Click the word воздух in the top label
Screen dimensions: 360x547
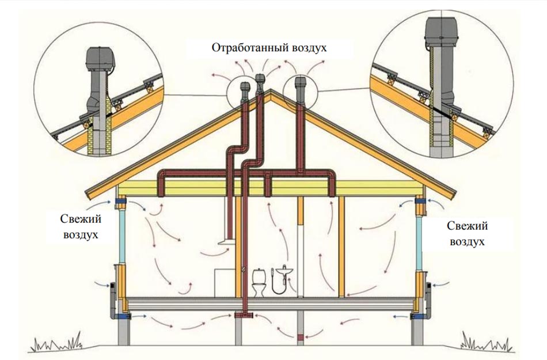[308, 47]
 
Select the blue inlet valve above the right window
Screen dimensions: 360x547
[420, 202]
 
